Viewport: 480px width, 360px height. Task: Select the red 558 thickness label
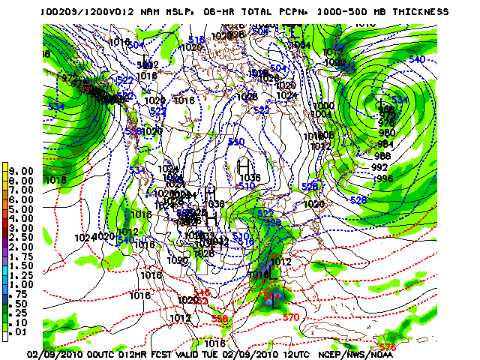[x=220, y=319]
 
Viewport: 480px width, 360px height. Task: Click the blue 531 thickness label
[x=136, y=170]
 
